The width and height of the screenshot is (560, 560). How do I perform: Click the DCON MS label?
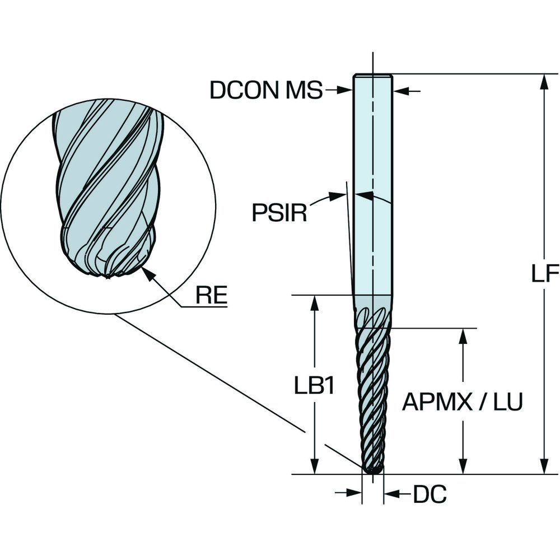(x=266, y=90)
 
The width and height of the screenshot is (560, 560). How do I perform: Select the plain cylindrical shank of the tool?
(x=372, y=185)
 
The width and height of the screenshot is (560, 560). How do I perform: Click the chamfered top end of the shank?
(x=373, y=76)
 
